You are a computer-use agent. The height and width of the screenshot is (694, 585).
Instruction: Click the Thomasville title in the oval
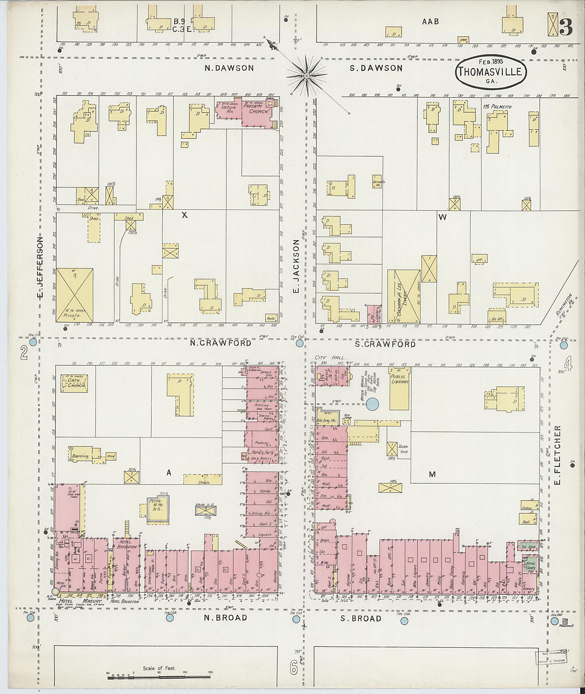coord(491,72)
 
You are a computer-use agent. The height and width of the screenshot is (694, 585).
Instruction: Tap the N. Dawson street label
coord(229,68)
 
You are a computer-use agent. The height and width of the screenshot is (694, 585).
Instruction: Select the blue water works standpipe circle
coord(372,404)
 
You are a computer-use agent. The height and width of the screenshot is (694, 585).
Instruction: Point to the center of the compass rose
coord(307,76)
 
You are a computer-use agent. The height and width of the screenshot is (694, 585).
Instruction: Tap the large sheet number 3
coord(566,27)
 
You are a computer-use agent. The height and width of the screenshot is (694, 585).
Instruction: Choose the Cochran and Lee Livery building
coord(404,296)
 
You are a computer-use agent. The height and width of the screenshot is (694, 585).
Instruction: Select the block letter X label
coord(185,215)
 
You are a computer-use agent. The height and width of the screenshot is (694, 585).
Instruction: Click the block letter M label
coord(432,474)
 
